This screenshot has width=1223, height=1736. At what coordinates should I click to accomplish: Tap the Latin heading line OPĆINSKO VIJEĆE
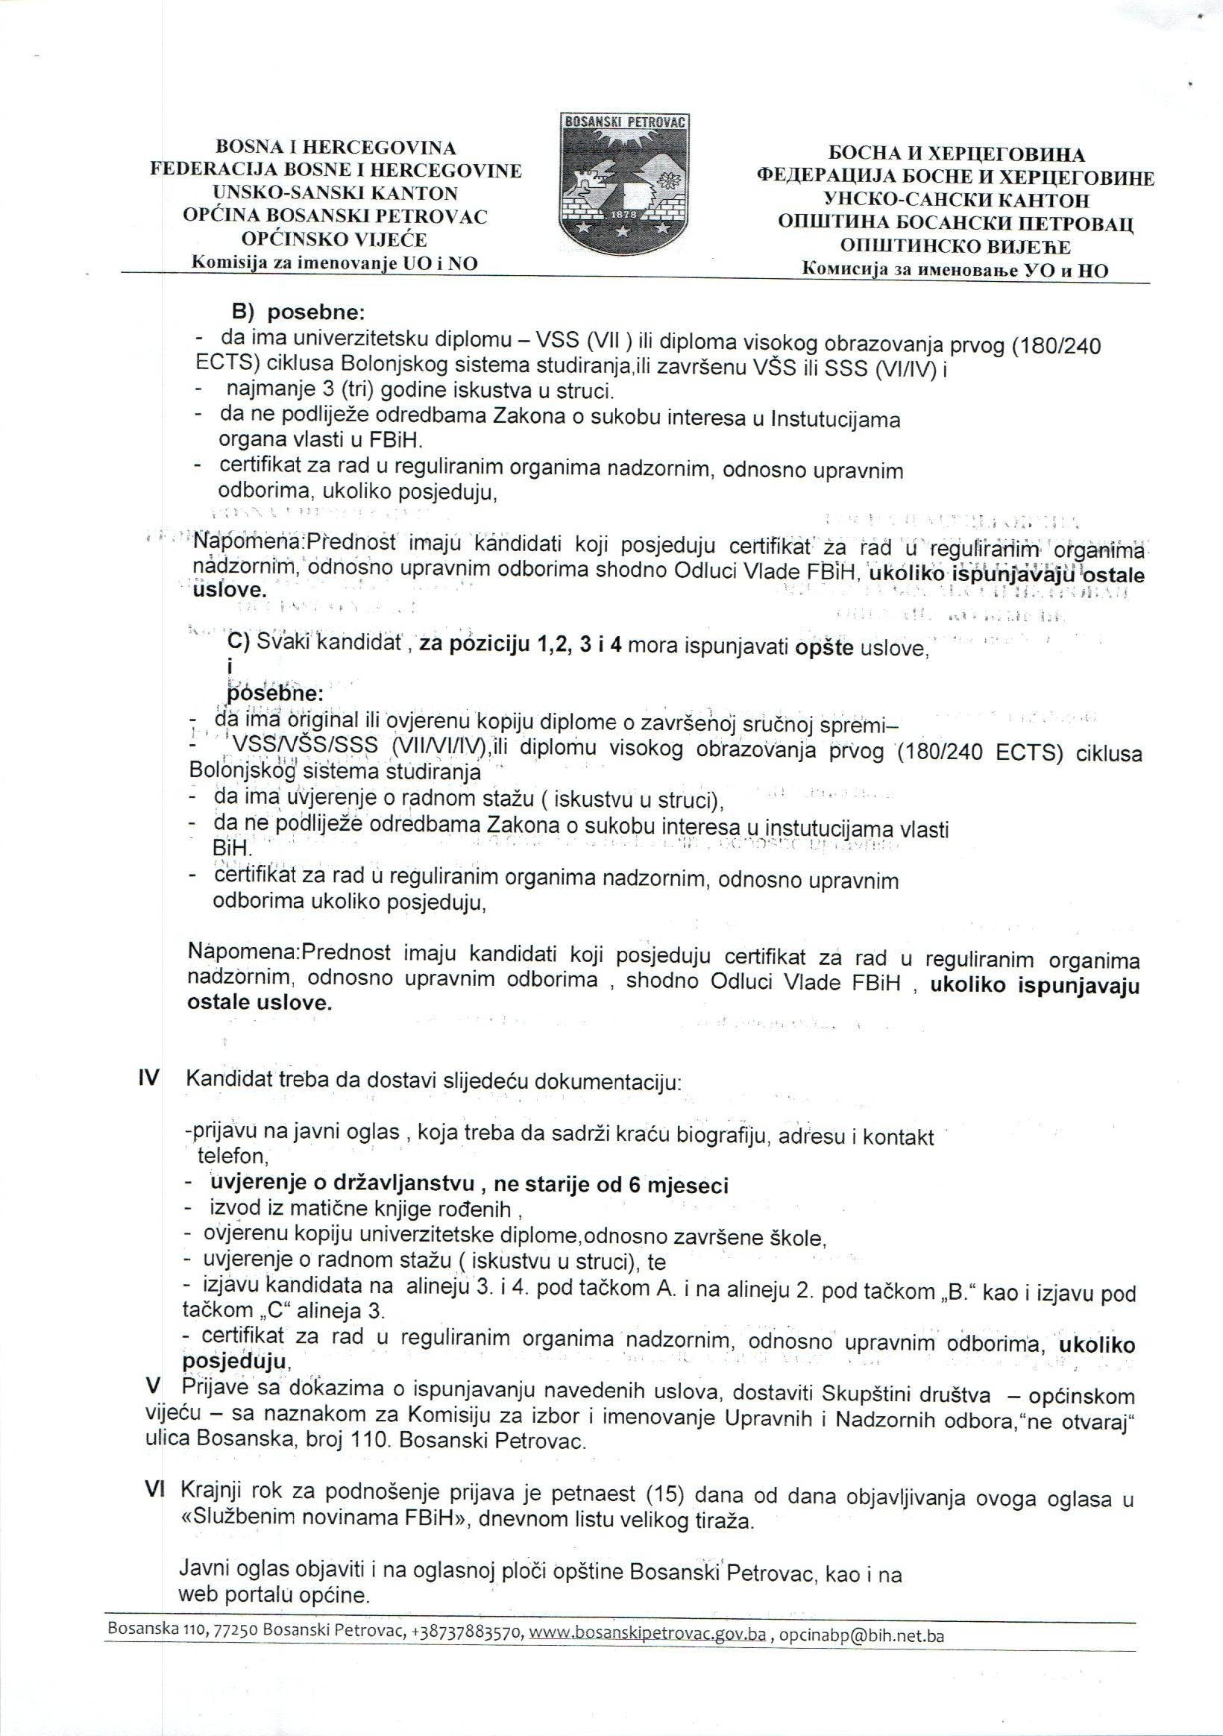pos(333,239)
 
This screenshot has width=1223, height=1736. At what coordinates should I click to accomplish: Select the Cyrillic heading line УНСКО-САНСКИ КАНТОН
pos(955,201)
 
